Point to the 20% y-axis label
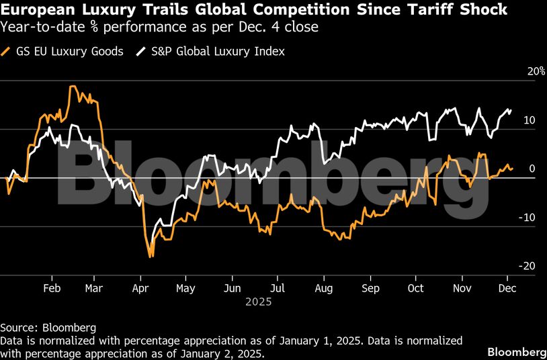pyautogui.click(x=536, y=72)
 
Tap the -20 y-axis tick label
pyautogui.click(x=528, y=266)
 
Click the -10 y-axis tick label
pyautogui.click(x=528, y=218)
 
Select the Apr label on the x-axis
pyautogui.click(x=140, y=288)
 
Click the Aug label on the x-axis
pyautogui.click(x=324, y=288)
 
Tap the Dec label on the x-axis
pyautogui.click(x=507, y=288)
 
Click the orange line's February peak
pyautogui.click(x=72, y=87)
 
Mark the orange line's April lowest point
pyautogui.click(x=151, y=257)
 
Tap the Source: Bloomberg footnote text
pyautogui.click(x=48, y=328)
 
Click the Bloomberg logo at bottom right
pyautogui.click(x=516, y=352)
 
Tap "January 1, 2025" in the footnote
pyautogui.click(x=306, y=341)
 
